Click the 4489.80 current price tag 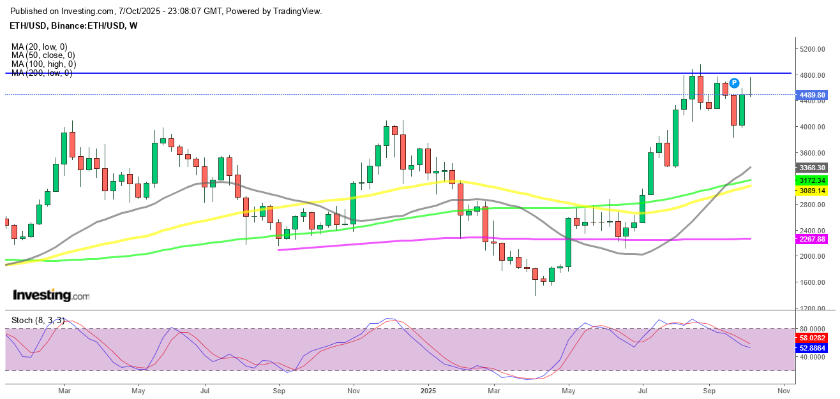[x=813, y=95]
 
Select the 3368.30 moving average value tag [x=813, y=168]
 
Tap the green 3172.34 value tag [x=813, y=182]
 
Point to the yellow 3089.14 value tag [x=813, y=191]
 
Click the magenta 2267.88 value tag [x=813, y=240]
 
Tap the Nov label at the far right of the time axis [x=784, y=389]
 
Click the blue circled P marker [x=734, y=83]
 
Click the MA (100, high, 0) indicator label [x=44, y=64]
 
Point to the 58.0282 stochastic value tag [x=813, y=337]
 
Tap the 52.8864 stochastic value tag [x=813, y=348]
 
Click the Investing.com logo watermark [x=51, y=296]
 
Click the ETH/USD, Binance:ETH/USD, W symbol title [x=74, y=26]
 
